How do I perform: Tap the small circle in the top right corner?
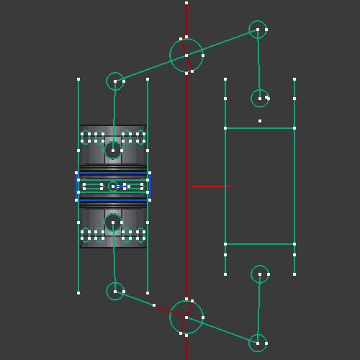pos(258,30)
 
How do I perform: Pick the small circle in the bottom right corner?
pos(258,343)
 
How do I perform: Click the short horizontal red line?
pos(210,186)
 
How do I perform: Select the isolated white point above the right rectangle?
pos(260,121)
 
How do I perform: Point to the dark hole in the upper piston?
pos(113,150)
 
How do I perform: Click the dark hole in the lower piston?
pos(113,222)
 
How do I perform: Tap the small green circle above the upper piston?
pos(115,81)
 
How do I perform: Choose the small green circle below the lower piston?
pos(115,291)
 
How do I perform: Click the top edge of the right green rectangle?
pos(260,128)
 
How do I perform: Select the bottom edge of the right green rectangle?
pos(260,244)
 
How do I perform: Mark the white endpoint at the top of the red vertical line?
pos(186,3)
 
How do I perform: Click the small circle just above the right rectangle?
pos(260,98)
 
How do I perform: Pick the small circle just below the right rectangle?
pos(260,274)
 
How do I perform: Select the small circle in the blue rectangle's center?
pos(113,186)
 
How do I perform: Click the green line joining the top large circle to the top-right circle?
pos(223,42)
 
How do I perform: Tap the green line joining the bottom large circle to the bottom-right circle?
pos(223,330)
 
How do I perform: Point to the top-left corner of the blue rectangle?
pos(76,173)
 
